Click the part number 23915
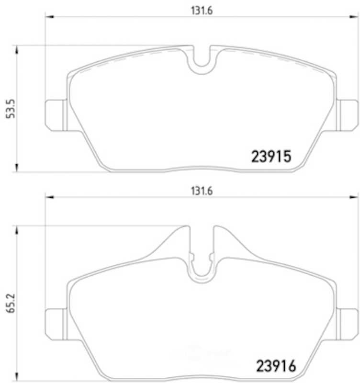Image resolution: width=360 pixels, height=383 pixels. tap(271, 157)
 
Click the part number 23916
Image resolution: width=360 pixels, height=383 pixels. tap(276, 366)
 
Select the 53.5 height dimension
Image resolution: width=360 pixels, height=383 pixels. tap(11, 109)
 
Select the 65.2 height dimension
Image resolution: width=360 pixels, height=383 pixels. tap(11, 303)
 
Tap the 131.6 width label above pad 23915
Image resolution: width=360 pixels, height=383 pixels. tap(202, 11)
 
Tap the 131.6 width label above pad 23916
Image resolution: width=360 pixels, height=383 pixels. tap(202, 191)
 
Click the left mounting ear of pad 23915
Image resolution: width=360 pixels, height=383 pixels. tap(56, 115)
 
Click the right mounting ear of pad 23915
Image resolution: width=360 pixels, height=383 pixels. tap(348, 115)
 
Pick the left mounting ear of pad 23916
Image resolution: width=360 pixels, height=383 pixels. tap(56, 325)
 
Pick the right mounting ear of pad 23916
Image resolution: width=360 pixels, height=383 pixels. tap(348, 325)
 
